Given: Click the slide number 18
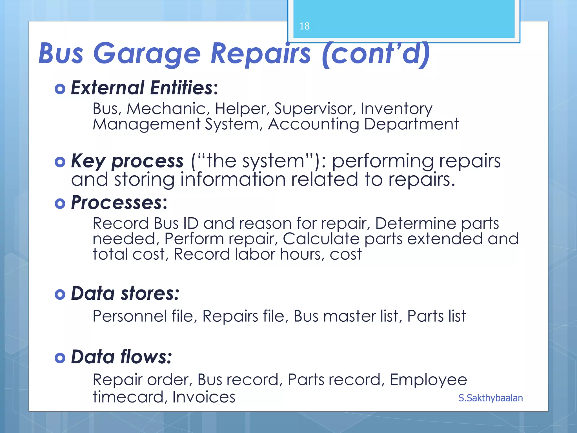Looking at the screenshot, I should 305,26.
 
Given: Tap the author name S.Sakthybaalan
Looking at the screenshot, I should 491,398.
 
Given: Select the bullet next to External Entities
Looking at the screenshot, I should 60,89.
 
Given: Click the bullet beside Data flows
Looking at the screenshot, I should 60,358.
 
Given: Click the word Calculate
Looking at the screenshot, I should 321,239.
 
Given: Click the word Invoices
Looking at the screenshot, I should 204,397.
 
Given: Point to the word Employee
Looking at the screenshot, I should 428,380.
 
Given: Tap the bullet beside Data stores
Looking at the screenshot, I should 60,295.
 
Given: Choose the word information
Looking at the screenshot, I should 233,180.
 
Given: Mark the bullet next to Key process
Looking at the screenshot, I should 60,162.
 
